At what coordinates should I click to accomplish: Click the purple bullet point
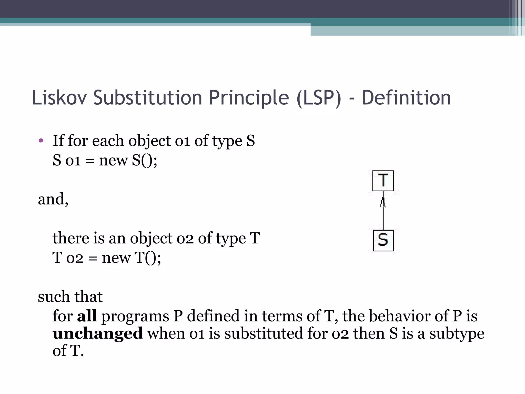click(41, 140)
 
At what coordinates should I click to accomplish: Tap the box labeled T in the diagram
click(383, 181)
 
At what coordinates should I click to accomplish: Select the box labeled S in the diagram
click(383, 240)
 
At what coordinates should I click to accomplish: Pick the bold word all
click(87, 316)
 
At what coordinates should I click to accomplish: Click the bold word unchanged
click(98, 333)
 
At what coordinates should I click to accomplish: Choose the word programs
click(135, 316)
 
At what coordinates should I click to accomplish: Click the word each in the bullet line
click(108, 141)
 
